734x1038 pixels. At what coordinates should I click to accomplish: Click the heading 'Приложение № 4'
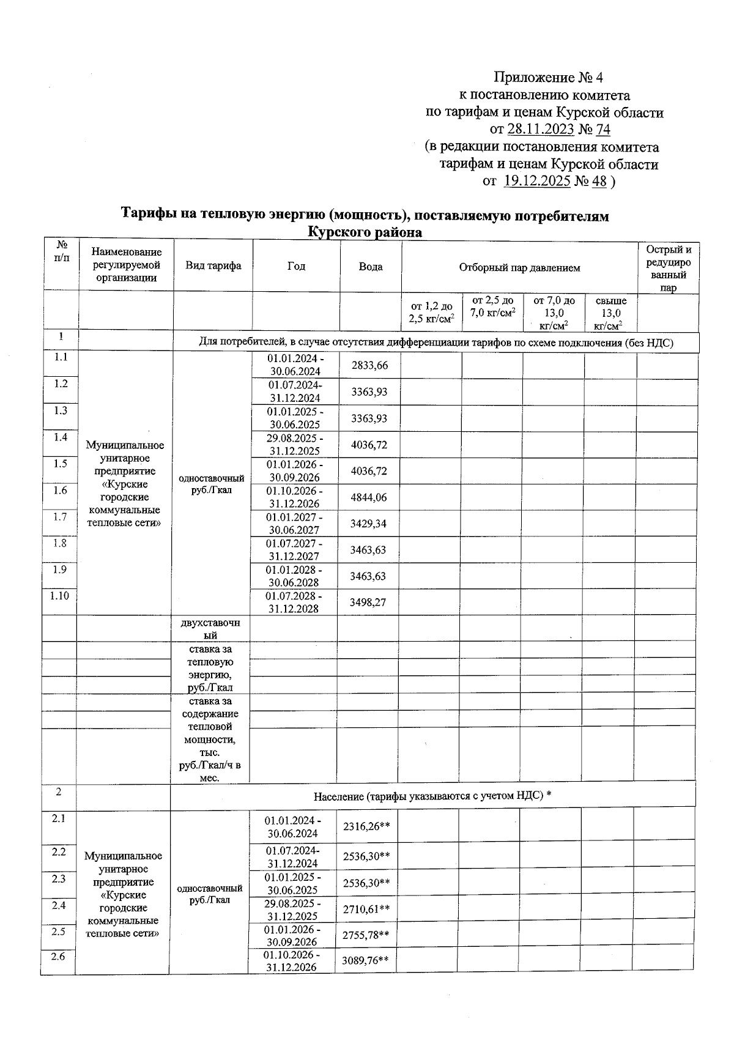pyautogui.click(x=548, y=78)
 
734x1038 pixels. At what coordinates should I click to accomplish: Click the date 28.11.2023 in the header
pyautogui.click(x=540, y=130)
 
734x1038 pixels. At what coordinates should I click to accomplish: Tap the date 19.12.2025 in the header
pyautogui.click(x=537, y=182)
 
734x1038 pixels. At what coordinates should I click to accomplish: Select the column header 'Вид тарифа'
pyautogui.click(x=213, y=265)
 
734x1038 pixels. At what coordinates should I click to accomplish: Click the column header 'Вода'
pyautogui.click(x=371, y=267)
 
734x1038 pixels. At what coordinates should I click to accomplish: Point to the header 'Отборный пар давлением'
pyautogui.click(x=519, y=267)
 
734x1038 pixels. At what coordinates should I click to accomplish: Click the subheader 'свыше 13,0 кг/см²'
pyautogui.click(x=610, y=313)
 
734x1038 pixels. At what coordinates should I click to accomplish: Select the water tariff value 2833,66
pyautogui.click(x=369, y=366)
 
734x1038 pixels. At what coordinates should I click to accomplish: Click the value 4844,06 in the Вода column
pyautogui.click(x=368, y=497)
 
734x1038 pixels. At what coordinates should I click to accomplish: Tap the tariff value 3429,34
pyautogui.click(x=368, y=524)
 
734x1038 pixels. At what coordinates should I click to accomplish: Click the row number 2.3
pyautogui.click(x=59, y=879)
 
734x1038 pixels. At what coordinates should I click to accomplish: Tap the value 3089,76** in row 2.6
pyautogui.click(x=366, y=961)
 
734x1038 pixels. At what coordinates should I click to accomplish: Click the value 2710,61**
pyautogui.click(x=366, y=910)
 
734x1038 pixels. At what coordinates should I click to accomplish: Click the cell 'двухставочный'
pyautogui.click(x=210, y=629)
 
